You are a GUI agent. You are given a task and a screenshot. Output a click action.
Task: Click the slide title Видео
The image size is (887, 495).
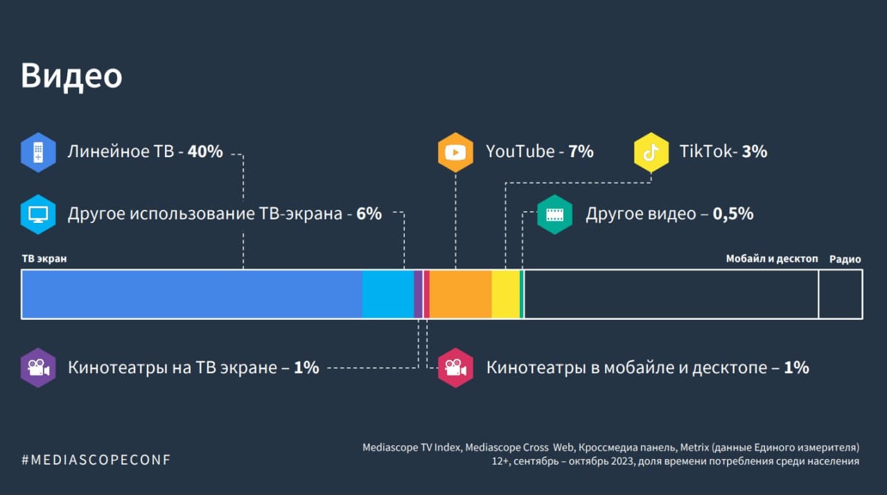point(71,76)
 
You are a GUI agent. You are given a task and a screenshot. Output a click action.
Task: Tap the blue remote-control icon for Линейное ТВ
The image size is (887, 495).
point(37,152)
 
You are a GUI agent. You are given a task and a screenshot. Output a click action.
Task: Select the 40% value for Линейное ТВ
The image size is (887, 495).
point(205,152)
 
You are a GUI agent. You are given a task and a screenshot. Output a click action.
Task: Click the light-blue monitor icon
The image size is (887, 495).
point(37,214)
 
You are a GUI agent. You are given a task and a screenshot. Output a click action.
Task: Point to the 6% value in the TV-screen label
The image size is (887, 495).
point(369,214)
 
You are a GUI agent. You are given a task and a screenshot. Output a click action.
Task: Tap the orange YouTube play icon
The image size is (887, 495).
point(455,152)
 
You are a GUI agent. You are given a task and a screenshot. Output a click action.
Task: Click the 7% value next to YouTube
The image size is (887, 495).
point(581,152)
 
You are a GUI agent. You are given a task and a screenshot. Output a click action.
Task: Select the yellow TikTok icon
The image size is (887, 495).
point(651,152)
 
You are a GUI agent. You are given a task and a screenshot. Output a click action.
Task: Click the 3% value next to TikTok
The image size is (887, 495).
point(755,152)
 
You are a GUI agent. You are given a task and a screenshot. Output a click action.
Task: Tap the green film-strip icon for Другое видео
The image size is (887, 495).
point(554,214)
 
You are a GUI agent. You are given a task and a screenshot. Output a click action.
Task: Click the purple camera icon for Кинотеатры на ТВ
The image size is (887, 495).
point(37,368)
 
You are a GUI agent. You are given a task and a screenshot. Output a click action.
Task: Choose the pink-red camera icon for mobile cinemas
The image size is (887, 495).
point(455,368)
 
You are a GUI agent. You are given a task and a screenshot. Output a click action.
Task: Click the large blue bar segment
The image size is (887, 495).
point(191,294)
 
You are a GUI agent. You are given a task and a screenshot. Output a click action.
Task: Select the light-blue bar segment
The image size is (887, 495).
point(387,294)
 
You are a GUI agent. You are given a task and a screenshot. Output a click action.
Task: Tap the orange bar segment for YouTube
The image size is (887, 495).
point(461,294)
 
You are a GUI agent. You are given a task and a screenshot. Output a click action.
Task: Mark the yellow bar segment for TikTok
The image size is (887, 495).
point(505,294)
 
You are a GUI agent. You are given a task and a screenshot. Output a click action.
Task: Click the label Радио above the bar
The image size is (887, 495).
point(845,260)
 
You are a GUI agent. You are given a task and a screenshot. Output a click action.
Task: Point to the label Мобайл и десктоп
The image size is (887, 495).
point(772,259)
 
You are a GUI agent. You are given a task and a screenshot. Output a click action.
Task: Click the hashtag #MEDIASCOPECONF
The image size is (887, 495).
point(96,460)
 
